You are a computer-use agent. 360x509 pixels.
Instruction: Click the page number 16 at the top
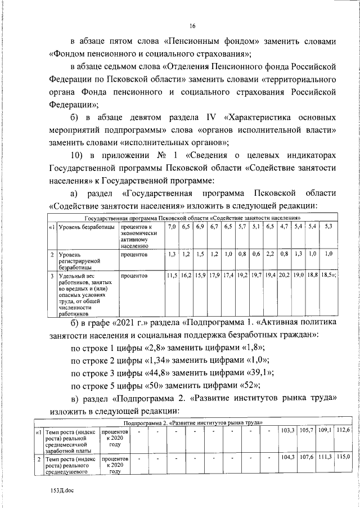point(192,26)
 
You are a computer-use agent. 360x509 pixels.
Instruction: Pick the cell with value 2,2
point(270,254)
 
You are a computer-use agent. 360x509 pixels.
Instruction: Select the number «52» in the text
point(248,387)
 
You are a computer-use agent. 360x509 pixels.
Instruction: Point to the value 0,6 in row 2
point(256,254)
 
